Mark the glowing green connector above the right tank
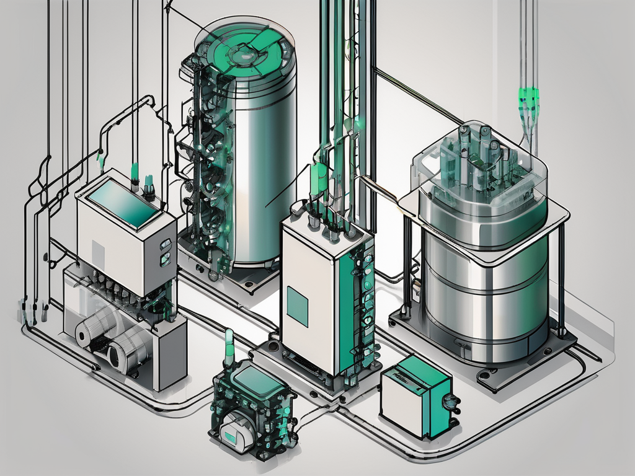[528, 96]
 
